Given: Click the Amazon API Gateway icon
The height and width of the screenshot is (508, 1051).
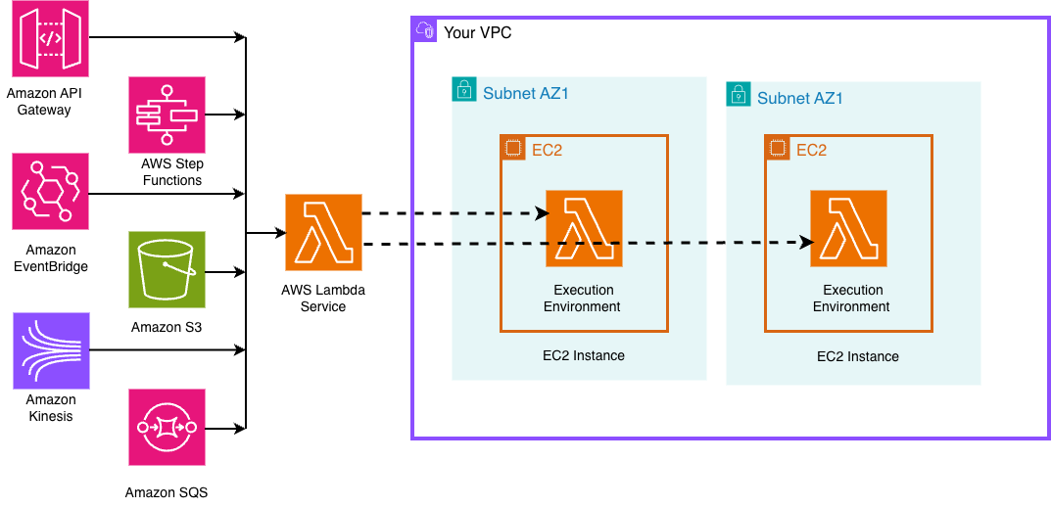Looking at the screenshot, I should coord(50,39).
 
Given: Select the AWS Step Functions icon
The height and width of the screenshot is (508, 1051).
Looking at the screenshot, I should coord(167,115).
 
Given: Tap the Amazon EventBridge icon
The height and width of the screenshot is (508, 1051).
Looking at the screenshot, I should coord(50,191).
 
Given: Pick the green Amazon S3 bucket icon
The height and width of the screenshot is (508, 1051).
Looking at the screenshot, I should coord(167,269).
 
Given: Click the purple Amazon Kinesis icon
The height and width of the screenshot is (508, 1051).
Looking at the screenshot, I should coord(50,350).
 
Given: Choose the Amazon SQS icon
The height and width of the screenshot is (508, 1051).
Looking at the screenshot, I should coord(167,427).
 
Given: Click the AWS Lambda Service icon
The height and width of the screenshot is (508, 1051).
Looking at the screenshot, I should coord(323,233).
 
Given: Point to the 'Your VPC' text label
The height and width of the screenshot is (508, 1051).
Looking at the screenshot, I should coord(477,33).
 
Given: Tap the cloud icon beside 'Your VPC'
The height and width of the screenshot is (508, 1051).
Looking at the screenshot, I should coord(426,31).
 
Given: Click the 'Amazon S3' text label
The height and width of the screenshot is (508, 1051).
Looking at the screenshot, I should coord(167,326).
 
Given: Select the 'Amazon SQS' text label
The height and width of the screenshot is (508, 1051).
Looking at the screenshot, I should coord(167,492).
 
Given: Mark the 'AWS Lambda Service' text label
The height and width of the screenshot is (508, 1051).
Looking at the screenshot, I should coord(323,299).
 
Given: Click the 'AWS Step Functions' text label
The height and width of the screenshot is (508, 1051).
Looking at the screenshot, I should coord(171,172).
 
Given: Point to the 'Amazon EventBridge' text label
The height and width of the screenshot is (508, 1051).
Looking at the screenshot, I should coord(50,258).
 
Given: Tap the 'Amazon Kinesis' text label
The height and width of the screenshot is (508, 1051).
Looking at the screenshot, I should coord(50,408).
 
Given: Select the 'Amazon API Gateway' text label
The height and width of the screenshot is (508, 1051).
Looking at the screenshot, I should coord(44,102).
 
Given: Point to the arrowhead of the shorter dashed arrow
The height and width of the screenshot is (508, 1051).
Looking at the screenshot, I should coord(541,213).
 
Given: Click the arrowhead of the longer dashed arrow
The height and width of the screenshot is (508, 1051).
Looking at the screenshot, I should coord(807,242).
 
